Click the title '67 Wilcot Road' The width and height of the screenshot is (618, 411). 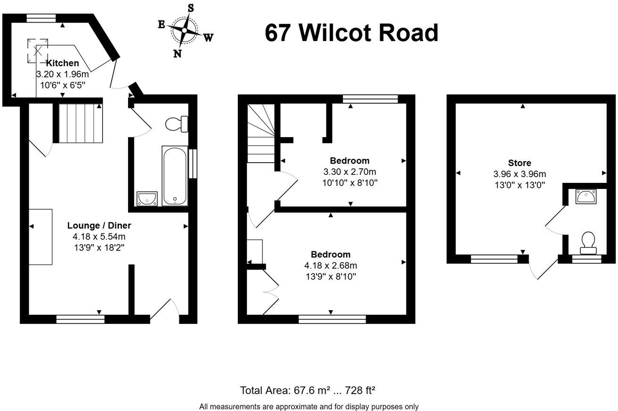351,33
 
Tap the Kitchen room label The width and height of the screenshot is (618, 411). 63,63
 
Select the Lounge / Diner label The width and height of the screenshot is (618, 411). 99,225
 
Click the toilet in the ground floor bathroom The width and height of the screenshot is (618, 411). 177,124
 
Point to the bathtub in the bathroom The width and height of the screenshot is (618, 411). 174,176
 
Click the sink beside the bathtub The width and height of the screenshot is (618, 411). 147,198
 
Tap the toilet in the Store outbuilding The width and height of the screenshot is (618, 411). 587,241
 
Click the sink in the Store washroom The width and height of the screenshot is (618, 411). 586,196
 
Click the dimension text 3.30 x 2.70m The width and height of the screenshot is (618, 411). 349,172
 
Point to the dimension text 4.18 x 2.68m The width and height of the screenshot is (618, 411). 330,265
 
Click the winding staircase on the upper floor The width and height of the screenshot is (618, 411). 261,134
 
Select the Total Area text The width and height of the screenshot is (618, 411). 307,390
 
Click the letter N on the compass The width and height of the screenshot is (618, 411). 178,53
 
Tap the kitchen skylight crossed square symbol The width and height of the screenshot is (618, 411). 37,50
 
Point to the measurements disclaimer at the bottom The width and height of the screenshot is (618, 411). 309,406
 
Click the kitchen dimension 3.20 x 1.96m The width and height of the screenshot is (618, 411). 62,74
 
